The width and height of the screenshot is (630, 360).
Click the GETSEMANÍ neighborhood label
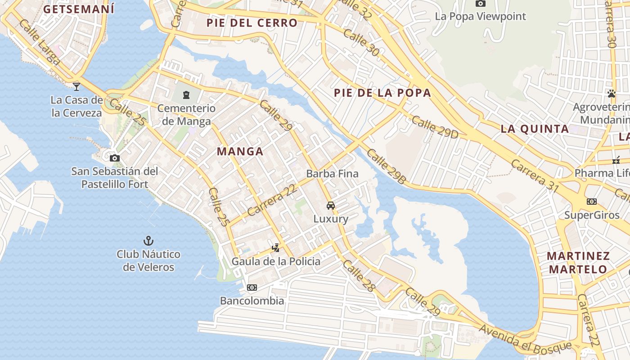(79, 9)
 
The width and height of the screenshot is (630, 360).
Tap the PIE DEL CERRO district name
(252, 23)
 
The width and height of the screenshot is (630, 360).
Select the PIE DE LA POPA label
(382, 93)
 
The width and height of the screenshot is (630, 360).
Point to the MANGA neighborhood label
(240, 151)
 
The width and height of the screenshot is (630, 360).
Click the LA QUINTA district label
(535, 129)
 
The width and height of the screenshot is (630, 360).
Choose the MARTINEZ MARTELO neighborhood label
(578, 263)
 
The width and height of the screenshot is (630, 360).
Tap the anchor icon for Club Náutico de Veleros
(148, 241)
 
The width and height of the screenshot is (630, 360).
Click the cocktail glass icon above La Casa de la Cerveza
(76, 86)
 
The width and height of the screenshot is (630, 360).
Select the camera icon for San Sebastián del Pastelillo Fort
(115, 158)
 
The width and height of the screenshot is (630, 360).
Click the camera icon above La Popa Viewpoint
(480, 4)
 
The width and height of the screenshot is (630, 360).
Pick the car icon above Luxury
(331, 206)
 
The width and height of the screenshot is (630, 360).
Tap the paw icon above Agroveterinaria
(612, 94)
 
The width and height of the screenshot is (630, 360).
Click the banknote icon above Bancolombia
(252, 287)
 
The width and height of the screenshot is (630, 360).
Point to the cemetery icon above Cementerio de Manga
(186, 95)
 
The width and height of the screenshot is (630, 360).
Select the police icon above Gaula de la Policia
(276, 247)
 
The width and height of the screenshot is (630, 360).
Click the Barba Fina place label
(332, 174)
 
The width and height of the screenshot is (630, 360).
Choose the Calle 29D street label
(434, 127)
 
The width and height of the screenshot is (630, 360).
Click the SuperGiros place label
(592, 215)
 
